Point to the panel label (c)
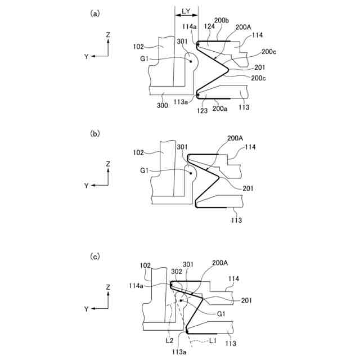pos(96,256)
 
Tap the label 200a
pos(220,109)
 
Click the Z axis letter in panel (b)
pos(107,163)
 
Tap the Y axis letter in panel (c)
pos(86,308)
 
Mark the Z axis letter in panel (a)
pos(107,34)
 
